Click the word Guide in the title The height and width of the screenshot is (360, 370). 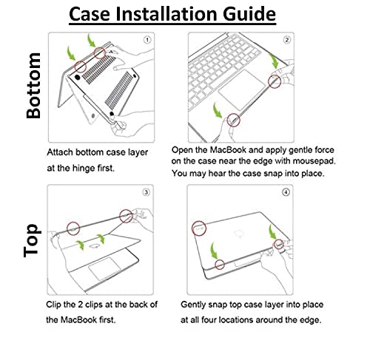tap(249, 13)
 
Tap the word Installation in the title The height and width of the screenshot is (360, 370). tap(166, 13)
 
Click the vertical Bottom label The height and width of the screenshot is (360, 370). tap(33, 86)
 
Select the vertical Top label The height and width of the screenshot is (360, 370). tap(32, 240)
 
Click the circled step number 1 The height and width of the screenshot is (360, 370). tap(147, 40)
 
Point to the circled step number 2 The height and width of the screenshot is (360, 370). tap(287, 40)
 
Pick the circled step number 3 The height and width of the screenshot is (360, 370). tap(146, 192)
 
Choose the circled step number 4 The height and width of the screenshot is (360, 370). tap(286, 192)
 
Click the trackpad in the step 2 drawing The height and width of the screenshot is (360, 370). tap(242, 89)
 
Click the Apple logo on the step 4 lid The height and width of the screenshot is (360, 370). tap(239, 234)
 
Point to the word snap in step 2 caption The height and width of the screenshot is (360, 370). tap(272, 174)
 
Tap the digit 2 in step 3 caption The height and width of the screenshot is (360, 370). tap(81, 305)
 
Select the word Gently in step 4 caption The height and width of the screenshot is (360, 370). tap(193, 305)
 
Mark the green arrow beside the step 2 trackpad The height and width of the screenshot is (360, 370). tap(218, 110)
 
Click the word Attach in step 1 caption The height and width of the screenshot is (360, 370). tap(60, 152)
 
